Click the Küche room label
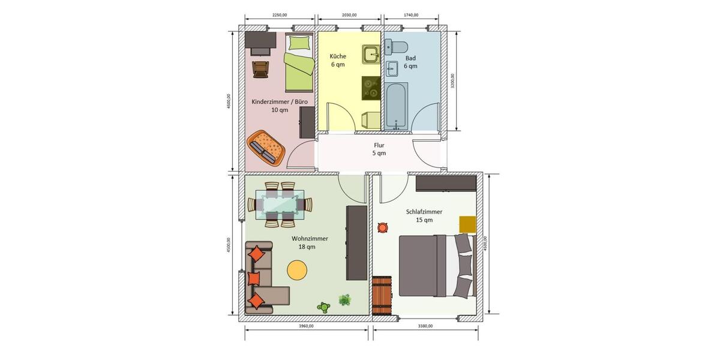pyautogui.click(x=337, y=60)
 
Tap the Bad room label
pyautogui.click(x=410, y=62)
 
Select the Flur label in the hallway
pyautogui.click(x=379, y=149)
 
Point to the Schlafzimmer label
pyautogui.click(x=424, y=215)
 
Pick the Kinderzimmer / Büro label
pyautogui.click(x=280, y=106)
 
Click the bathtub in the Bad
pyautogui.click(x=396, y=106)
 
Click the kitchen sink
pyautogui.click(x=371, y=55)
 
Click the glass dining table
pyautogui.click(x=280, y=205)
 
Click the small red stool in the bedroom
pyautogui.click(x=382, y=227)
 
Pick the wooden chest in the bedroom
pyautogui.click(x=382, y=295)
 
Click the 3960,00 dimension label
pyautogui.click(x=306, y=326)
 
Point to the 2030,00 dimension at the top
pyautogui.click(x=349, y=15)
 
